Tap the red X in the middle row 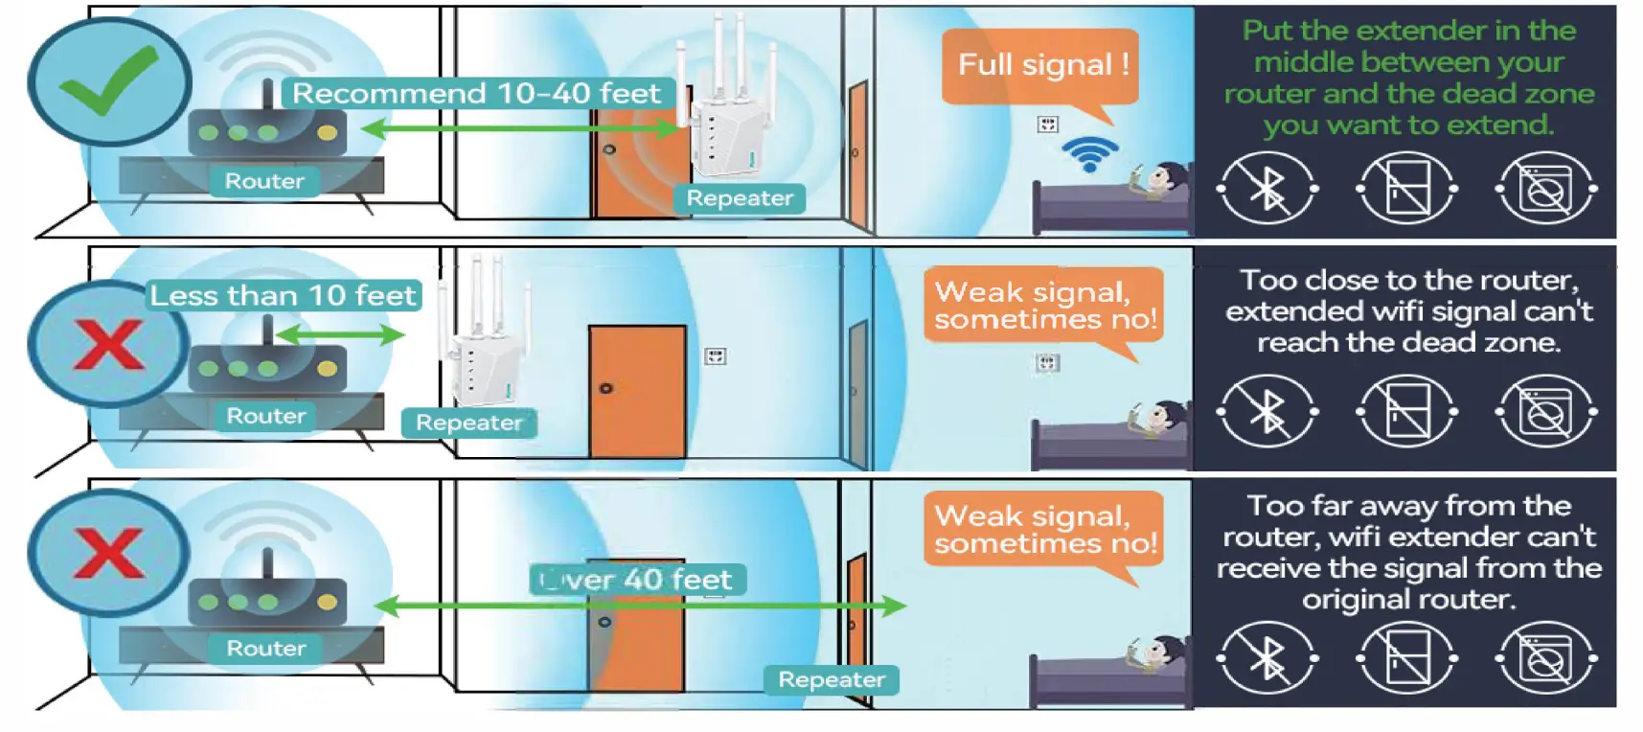(x=108, y=345)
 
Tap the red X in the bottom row (x=108, y=553)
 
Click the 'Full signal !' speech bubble (x=1041, y=65)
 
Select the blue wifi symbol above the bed (x=1090, y=153)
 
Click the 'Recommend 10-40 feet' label (x=476, y=94)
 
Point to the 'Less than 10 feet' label (x=284, y=295)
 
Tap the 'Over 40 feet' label (x=637, y=580)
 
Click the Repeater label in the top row (x=740, y=198)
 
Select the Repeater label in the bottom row (x=831, y=679)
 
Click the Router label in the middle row (x=265, y=416)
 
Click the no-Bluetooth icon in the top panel (x=1266, y=188)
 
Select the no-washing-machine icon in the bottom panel (x=1545, y=658)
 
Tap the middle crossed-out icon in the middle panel (x=1406, y=412)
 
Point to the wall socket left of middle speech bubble (x=716, y=356)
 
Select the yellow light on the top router (x=327, y=133)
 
